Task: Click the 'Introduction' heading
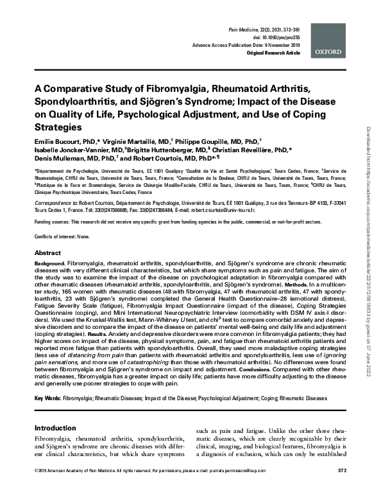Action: coord(56,427)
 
